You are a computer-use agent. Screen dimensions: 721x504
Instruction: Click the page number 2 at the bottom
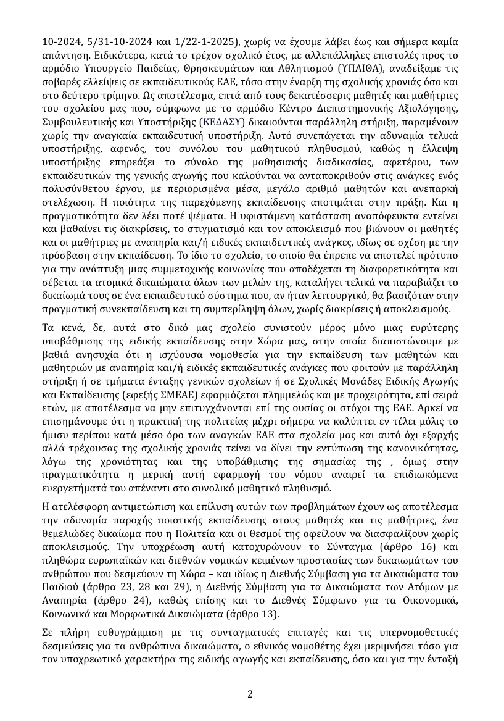(x=250, y=694)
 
